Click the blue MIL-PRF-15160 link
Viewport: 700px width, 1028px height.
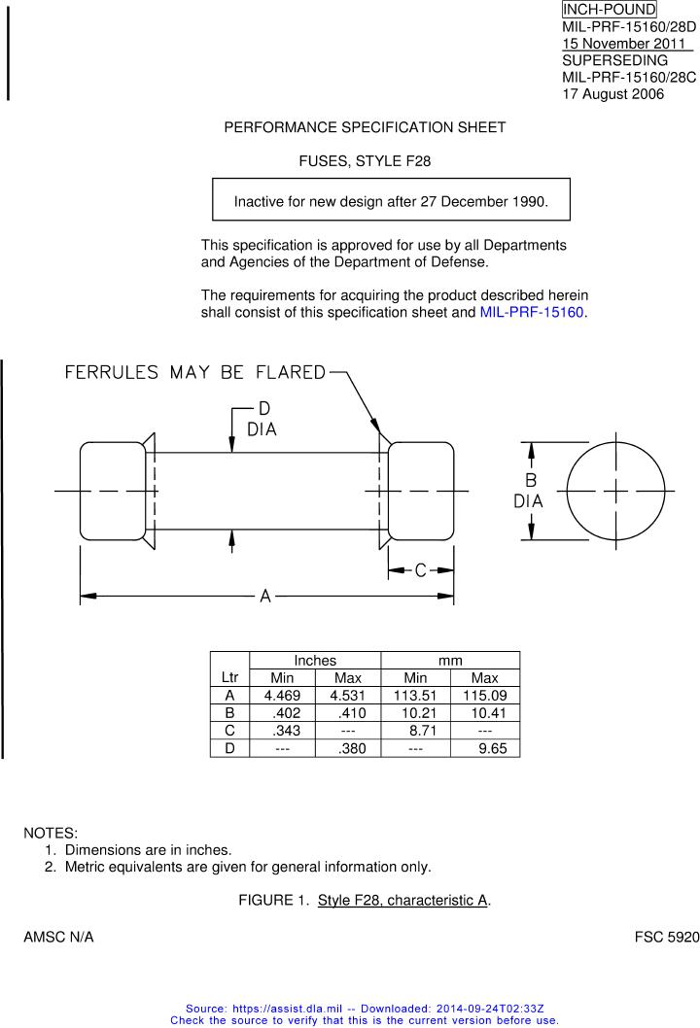tap(533, 313)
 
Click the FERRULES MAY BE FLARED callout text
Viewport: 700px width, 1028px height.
tap(194, 372)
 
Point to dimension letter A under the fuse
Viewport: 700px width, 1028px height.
tap(264, 596)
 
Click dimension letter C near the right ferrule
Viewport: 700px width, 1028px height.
tap(421, 570)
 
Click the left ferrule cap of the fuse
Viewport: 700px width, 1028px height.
tap(113, 491)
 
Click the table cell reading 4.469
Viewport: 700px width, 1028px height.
tap(282, 696)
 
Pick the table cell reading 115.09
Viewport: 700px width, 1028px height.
tap(484, 696)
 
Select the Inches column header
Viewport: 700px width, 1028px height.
tap(315, 661)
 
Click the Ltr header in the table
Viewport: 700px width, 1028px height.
tap(229, 676)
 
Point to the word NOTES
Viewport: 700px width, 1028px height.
tap(51, 834)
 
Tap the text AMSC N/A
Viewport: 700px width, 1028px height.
tap(58, 938)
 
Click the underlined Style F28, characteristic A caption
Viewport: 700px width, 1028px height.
tap(402, 901)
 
